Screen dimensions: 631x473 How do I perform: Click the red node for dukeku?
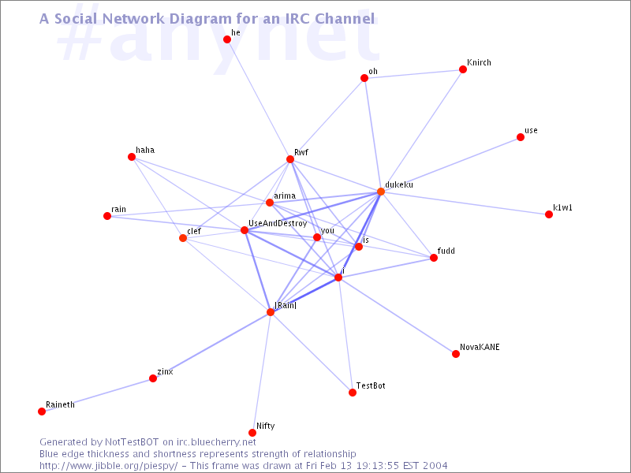381,192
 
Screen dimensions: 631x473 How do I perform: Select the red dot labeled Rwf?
290,159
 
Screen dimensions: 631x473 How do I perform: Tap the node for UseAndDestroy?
245,230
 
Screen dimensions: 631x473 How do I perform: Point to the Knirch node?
463,69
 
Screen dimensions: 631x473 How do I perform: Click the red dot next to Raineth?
42,411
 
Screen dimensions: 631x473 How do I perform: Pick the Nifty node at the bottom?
252,433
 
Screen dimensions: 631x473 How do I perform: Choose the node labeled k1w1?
549,214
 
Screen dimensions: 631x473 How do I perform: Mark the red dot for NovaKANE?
456,354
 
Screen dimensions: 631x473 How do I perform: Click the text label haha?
145,150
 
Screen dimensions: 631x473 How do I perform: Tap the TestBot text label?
371,385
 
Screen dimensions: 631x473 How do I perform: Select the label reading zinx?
165,371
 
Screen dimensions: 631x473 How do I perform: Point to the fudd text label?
446,251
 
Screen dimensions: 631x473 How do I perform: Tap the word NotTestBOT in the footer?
132,442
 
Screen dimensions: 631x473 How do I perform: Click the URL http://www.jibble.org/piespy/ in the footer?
108,466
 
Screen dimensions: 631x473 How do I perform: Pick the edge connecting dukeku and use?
450,165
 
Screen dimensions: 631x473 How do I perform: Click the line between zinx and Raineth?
97,395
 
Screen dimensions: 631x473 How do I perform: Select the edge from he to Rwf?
259,99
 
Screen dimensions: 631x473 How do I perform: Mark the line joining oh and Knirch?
413,73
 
